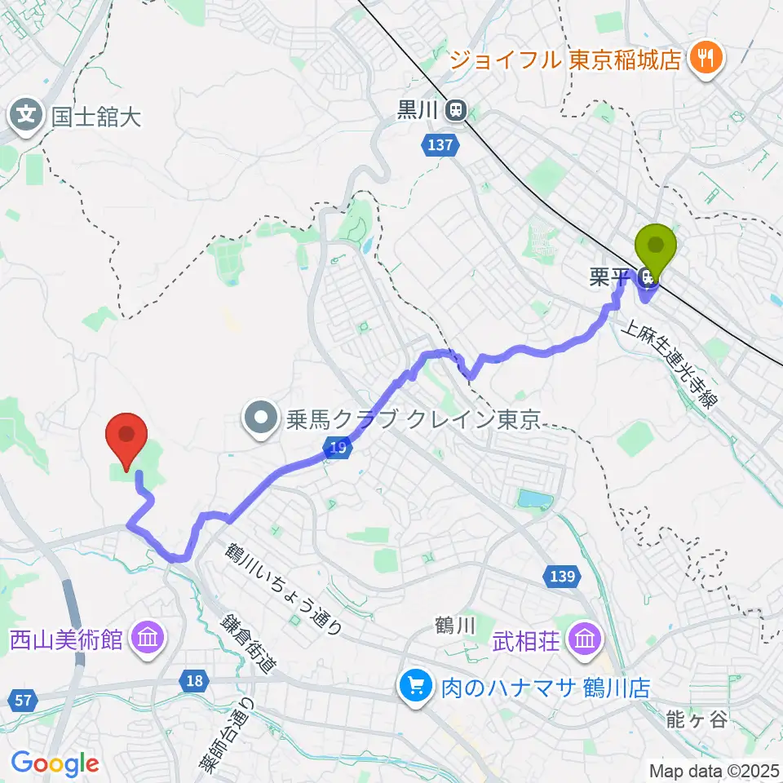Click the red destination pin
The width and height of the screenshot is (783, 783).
[127, 436]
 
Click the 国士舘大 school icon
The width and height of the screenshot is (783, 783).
[26, 115]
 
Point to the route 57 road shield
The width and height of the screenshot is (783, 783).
[22, 698]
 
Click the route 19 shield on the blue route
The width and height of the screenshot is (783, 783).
[337, 446]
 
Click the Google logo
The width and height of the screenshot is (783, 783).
[55, 764]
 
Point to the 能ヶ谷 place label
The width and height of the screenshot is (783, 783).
[694, 719]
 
